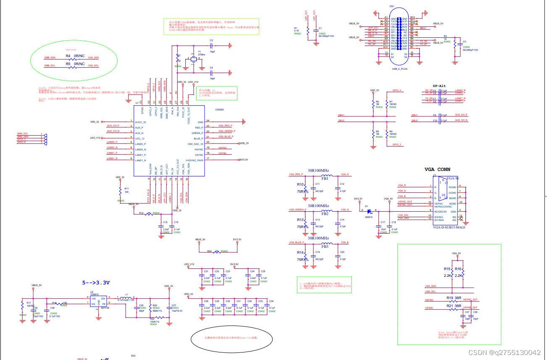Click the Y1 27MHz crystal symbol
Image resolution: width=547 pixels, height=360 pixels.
193,59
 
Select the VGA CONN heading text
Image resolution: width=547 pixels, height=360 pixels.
437,170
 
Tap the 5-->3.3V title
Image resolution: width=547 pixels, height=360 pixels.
96,283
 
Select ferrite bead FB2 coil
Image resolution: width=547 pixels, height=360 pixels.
325,209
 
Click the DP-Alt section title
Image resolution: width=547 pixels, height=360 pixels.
439,86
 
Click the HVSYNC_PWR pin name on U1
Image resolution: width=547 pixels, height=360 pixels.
195,160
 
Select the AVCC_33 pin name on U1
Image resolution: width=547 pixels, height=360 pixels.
141,122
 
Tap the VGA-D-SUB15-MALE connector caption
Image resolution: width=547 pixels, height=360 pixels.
449,227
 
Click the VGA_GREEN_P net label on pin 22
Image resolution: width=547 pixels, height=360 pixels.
226,131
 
